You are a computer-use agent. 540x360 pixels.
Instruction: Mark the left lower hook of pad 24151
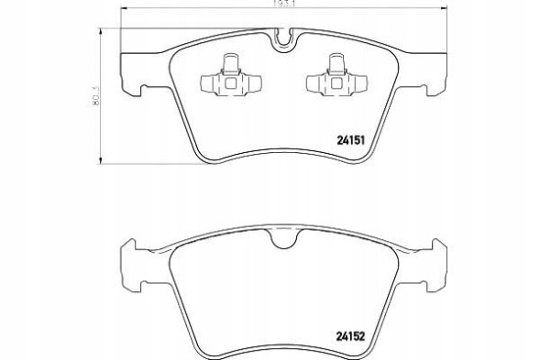click(139, 88)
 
